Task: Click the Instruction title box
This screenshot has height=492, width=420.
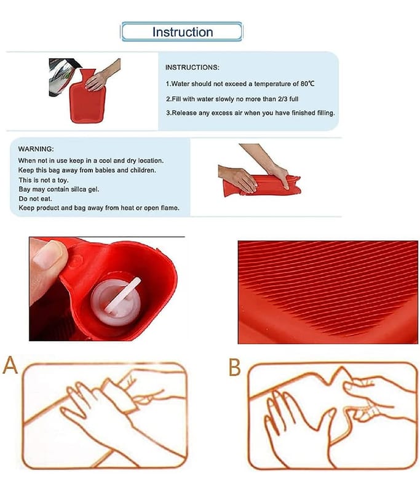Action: (181, 32)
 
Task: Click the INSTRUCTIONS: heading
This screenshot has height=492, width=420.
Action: (192, 68)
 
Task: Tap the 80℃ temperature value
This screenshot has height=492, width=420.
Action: (307, 84)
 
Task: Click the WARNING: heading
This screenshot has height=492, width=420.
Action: (36, 149)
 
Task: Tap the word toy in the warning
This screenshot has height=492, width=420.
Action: (63, 180)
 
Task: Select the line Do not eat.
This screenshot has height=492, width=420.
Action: (36, 199)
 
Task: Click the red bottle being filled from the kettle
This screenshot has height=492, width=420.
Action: (88, 96)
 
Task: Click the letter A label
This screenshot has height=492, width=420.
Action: (10, 365)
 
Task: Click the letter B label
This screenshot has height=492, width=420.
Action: (235, 367)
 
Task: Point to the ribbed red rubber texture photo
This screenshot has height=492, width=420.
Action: (328, 292)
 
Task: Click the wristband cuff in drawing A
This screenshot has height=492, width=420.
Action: (121, 396)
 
